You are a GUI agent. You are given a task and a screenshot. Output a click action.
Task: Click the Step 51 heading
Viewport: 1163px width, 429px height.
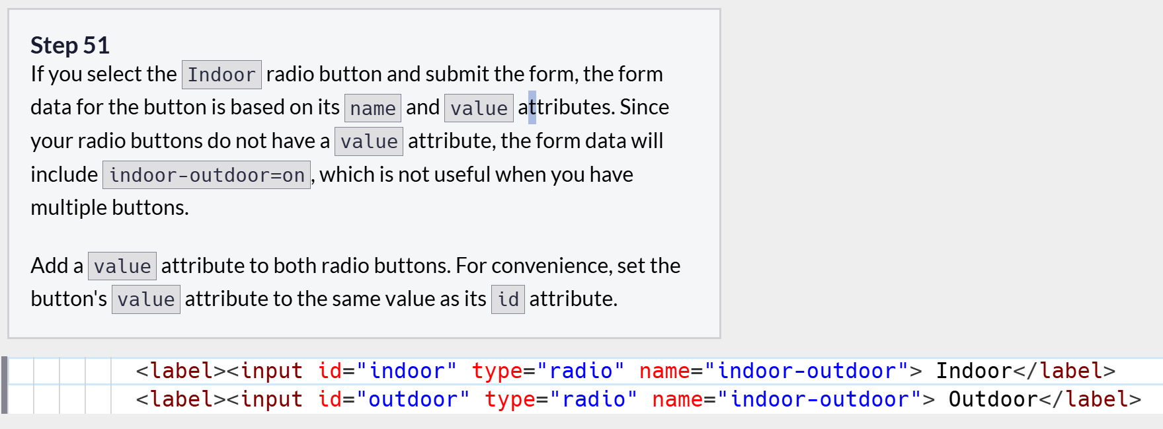click(x=70, y=46)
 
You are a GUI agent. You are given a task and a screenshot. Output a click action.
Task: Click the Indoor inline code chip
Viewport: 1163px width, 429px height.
click(x=221, y=75)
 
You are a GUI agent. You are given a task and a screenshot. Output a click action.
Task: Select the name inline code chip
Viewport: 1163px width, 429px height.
click(x=373, y=108)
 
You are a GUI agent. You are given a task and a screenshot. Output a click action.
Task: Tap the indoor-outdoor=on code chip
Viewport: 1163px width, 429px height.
click(x=206, y=175)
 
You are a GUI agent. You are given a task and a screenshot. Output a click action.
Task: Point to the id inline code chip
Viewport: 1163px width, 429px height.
click(x=508, y=299)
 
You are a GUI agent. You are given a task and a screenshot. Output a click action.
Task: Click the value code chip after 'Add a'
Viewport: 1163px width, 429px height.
click(x=122, y=266)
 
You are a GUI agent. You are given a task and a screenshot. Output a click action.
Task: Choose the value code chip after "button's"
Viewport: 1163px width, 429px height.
click(x=146, y=299)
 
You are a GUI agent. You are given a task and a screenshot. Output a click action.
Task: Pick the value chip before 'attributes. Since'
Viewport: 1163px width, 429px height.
click(x=479, y=108)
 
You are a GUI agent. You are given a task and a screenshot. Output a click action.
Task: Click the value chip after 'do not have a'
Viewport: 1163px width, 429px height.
click(x=369, y=141)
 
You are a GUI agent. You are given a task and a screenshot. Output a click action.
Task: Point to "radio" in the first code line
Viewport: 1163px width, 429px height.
click(x=581, y=371)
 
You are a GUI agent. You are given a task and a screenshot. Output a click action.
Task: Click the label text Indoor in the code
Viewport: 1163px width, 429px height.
click(x=974, y=371)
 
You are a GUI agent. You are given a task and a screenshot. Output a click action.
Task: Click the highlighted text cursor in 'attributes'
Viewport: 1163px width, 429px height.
click(x=532, y=107)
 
